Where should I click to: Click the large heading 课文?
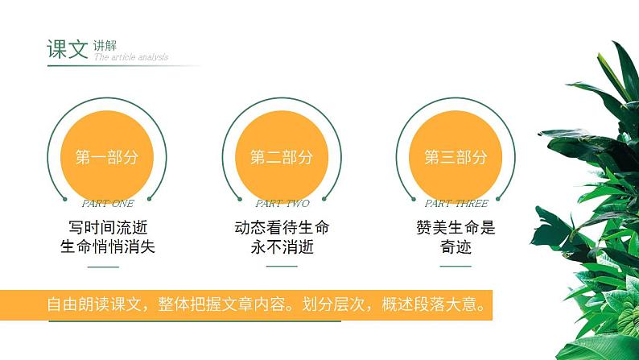(x=66, y=49)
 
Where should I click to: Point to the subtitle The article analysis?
(x=131, y=57)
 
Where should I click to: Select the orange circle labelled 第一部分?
(x=107, y=157)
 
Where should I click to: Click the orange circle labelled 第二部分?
(x=282, y=157)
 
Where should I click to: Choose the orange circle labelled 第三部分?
(x=456, y=157)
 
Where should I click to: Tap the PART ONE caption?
(x=108, y=204)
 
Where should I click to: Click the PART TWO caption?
(x=282, y=204)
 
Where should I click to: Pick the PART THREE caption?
(x=456, y=204)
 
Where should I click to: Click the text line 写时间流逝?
(x=108, y=227)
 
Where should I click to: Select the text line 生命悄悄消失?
(x=108, y=246)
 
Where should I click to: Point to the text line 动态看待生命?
(x=282, y=227)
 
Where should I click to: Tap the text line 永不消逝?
(x=282, y=246)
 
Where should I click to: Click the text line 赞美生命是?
(x=456, y=227)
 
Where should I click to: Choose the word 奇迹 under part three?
(x=456, y=246)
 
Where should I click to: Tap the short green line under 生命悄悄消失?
(x=103, y=267)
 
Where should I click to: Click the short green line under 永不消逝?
(x=282, y=267)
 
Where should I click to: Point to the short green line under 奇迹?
(x=456, y=267)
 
